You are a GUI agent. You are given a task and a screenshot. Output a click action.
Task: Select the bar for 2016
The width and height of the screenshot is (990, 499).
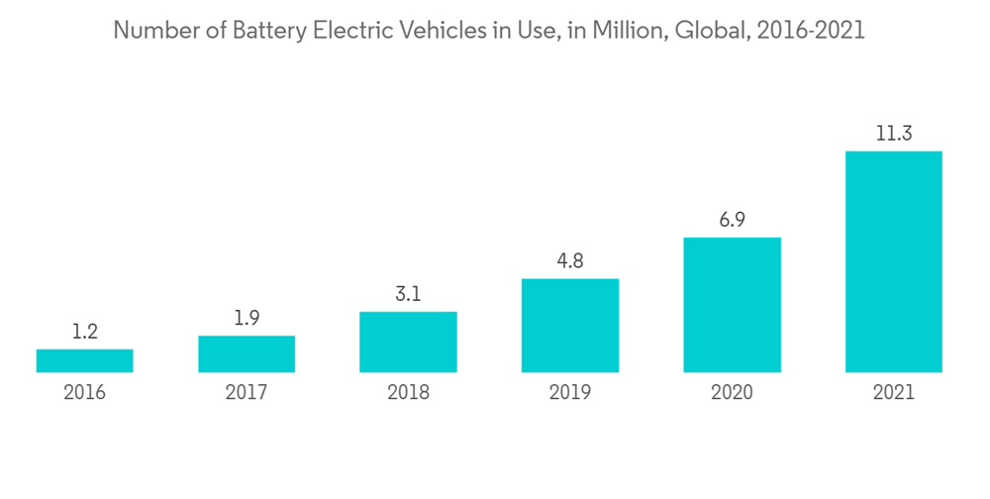tap(84, 360)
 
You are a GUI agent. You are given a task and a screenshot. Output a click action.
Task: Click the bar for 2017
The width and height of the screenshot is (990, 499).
tap(247, 353)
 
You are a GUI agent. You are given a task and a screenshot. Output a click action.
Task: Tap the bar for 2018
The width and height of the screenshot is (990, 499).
tap(408, 342)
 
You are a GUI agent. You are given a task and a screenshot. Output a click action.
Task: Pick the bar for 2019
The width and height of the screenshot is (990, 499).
tap(569, 325)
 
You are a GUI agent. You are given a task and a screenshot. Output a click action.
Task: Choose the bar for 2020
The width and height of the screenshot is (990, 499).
tap(732, 304)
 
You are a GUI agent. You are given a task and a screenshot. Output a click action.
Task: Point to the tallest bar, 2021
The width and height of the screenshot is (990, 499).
tap(893, 261)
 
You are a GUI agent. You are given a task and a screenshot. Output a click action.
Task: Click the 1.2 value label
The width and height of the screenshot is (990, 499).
tap(84, 332)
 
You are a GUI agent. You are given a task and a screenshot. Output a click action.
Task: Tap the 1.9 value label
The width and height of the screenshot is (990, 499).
tap(247, 318)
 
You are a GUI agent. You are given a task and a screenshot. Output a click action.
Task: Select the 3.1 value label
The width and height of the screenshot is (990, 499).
tap(408, 294)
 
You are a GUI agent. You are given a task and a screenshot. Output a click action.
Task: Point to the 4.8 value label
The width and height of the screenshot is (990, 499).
tap(569, 261)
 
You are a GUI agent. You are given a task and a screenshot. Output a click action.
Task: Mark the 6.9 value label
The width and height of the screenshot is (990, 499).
tap(732, 220)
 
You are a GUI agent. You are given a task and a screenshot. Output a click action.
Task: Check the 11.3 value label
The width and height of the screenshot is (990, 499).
tap(893, 134)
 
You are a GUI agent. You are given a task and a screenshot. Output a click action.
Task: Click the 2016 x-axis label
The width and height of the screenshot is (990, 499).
tap(84, 393)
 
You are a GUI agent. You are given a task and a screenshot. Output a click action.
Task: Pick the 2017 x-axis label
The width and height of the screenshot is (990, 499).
tap(247, 393)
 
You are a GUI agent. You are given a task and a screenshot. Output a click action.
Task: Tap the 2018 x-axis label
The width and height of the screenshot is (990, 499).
tap(408, 393)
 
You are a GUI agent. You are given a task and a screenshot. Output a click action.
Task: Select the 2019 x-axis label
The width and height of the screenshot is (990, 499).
tap(569, 393)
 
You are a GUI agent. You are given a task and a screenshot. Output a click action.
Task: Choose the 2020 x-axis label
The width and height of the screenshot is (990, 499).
tap(732, 393)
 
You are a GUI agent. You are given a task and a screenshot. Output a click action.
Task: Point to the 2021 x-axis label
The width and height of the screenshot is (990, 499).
tap(893, 393)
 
